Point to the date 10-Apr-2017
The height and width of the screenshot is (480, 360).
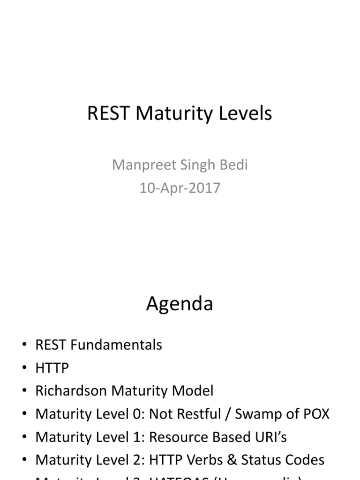(x=180, y=188)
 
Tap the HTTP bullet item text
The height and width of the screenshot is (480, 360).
(x=52, y=368)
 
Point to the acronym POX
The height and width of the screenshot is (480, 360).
(x=315, y=414)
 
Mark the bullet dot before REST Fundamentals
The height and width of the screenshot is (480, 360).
(x=24, y=345)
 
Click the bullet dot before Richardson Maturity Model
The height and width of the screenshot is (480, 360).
(x=24, y=391)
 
